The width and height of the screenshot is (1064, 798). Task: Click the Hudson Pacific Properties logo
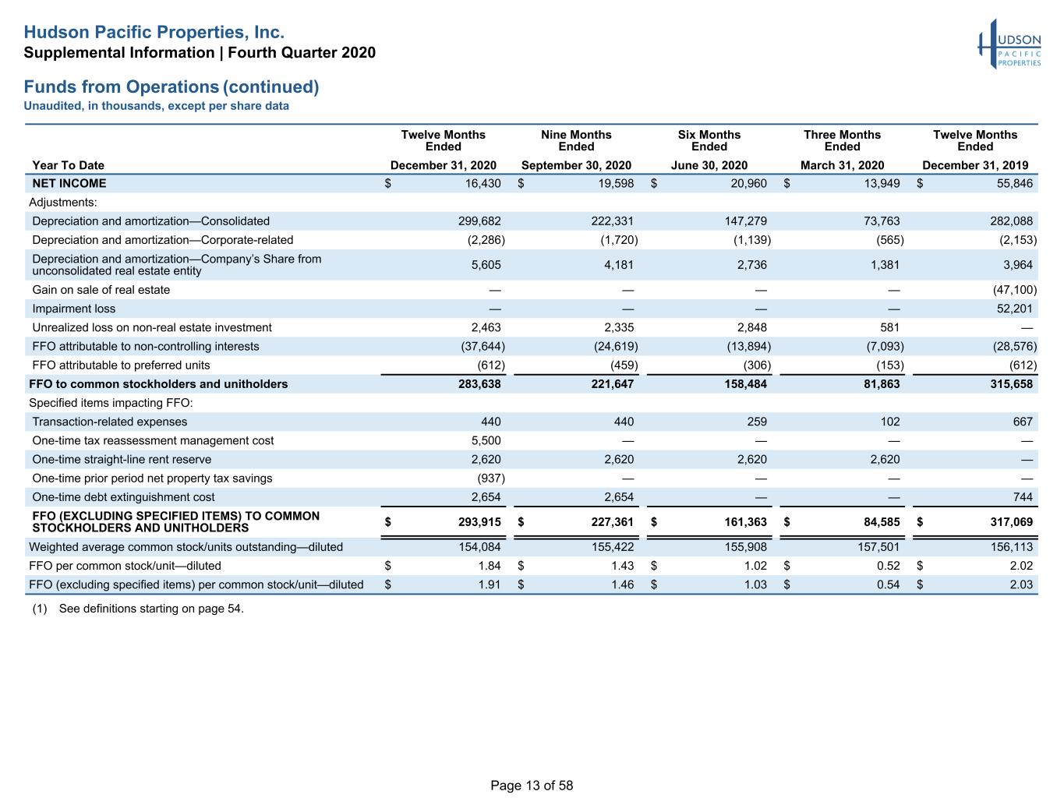(x=1009, y=44)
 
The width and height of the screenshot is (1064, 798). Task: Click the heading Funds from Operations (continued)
(x=171, y=87)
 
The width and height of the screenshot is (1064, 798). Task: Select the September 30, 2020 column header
(x=576, y=165)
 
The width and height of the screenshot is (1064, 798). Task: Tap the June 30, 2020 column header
(x=709, y=165)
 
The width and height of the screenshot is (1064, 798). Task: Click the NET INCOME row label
(x=69, y=183)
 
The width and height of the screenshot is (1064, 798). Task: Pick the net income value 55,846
(x=1014, y=183)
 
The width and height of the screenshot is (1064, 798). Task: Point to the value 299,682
(x=479, y=221)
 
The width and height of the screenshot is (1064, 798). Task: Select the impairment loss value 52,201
(x=1014, y=309)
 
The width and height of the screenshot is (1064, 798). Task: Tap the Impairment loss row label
(x=74, y=309)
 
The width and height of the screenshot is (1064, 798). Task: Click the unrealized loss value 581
(x=889, y=327)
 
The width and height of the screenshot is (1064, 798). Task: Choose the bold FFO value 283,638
(x=479, y=384)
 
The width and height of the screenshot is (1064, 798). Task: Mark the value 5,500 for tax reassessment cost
(x=486, y=440)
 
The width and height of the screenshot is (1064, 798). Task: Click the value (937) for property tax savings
(x=490, y=478)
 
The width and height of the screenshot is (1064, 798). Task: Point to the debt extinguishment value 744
(x=1023, y=497)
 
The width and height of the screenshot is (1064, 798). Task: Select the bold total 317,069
(x=1011, y=522)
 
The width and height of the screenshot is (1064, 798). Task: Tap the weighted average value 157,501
(x=878, y=547)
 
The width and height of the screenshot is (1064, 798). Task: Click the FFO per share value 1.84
(x=489, y=566)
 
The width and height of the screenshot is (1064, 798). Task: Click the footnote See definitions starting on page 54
(x=151, y=609)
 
